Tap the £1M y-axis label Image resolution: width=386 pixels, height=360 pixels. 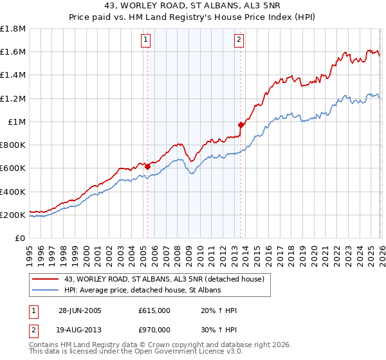coord(17,122)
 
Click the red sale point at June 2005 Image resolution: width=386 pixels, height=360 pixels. coord(147,166)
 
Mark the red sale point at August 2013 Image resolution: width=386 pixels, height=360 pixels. coord(240,125)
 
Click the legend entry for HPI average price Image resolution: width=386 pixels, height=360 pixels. coord(142,291)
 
